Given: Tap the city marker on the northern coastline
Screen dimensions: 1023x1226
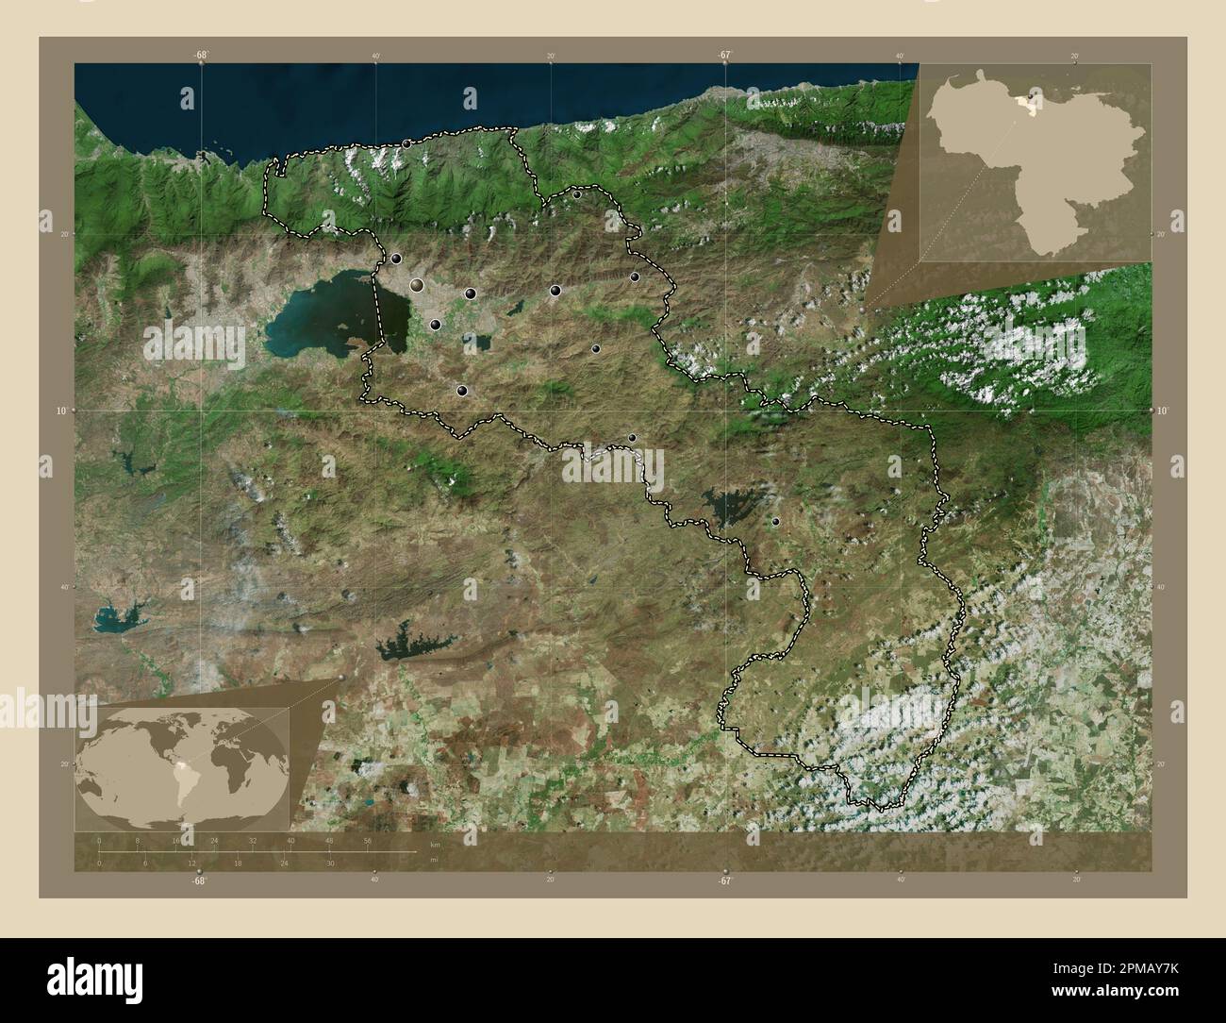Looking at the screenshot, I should point(406,143).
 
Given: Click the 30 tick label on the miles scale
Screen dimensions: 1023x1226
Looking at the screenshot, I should point(329,863).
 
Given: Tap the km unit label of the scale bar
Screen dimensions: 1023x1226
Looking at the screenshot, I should point(435,843).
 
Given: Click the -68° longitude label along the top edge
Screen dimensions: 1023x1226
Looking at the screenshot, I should point(201,55).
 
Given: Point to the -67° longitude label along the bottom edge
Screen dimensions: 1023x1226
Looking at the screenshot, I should point(723,880).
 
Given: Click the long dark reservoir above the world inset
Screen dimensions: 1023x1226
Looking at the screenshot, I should point(415,646).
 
